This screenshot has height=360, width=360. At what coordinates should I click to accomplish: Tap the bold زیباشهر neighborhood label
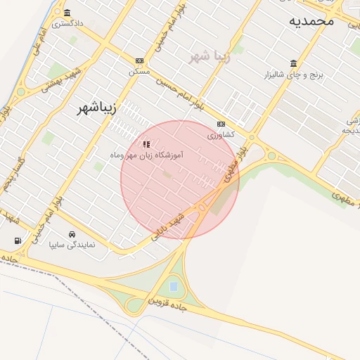[103, 109]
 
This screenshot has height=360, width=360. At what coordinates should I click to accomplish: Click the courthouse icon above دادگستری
[67, 13]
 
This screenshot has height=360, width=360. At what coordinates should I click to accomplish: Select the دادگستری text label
[67, 23]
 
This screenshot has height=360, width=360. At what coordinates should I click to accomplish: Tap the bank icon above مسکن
[139, 61]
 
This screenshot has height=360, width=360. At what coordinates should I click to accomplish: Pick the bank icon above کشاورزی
[221, 124]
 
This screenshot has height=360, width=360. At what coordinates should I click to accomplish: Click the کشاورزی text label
[221, 134]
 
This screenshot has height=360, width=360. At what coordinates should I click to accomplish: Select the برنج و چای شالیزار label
[293, 75]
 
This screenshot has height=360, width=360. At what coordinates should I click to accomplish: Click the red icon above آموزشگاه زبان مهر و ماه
[146, 144]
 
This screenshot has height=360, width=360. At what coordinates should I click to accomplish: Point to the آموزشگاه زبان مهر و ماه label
[146, 154]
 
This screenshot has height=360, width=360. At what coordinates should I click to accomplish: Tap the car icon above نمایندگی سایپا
[72, 235]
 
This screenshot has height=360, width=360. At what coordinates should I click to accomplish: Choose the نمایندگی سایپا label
[72, 245]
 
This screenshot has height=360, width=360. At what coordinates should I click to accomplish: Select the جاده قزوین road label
[166, 300]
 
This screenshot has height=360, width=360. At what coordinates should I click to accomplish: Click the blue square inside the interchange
[174, 287]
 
